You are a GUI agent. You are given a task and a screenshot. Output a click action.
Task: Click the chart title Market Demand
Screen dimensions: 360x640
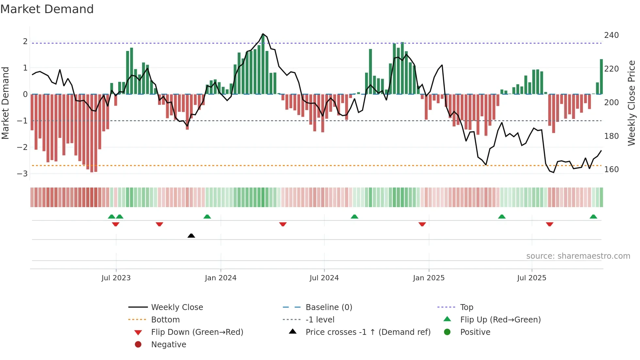pyautogui.click(x=47, y=9)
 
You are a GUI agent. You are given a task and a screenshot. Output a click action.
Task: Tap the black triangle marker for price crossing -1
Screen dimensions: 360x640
pyautogui.click(x=191, y=236)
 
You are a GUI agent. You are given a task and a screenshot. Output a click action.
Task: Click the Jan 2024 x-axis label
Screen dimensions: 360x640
pyautogui.click(x=220, y=278)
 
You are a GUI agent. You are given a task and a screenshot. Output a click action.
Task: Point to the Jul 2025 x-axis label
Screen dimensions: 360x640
pyautogui.click(x=531, y=278)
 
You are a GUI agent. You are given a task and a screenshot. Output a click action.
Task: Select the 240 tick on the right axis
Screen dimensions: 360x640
pyautogui.click(x=611, y=35)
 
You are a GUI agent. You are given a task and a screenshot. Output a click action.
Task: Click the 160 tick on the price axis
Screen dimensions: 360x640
pyautogui.click(x=611, y=170)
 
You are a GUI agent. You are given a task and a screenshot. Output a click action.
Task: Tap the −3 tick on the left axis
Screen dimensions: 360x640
pyautogui.click(x=22, y=173)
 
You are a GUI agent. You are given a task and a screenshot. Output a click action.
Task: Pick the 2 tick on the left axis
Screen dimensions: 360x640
pyautogui.click(x=25, y=41)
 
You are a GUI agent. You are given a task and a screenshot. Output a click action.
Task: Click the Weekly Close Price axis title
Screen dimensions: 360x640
pyautogui.click(x=632, y=103)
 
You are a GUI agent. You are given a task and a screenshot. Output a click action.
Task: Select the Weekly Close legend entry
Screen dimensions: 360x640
pyautogui.click(x=177, y=307)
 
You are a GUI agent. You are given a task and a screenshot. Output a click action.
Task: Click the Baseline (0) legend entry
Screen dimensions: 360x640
pyautogui.click(x=328, y=307)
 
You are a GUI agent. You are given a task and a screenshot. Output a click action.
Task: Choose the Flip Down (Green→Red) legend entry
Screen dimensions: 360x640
pyautogui.click(x=197, y=332)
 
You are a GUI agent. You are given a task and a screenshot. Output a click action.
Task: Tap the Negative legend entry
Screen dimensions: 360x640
pyautogui.click(x=168, y=345)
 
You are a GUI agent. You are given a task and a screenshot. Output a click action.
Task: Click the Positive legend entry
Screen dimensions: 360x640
pyautogui.click(x=475, y=332)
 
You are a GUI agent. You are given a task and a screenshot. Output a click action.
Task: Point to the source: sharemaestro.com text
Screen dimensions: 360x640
pyautogui.click(x=578, y=256)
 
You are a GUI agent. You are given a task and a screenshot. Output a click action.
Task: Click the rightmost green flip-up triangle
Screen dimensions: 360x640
pyautogui.click(x=593, y=217)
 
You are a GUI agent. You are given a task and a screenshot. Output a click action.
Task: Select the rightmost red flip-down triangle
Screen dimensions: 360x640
pyautogui.click(x=550, y=224)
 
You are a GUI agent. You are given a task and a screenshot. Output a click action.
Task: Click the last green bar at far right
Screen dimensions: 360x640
pyautogui.click(x=601, y=77)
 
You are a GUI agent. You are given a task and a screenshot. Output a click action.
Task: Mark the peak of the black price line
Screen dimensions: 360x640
pyautogui.click(x=263, y=34)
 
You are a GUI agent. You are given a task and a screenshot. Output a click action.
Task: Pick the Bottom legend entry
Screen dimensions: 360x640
pyautogui.click(x=165, y=320)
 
